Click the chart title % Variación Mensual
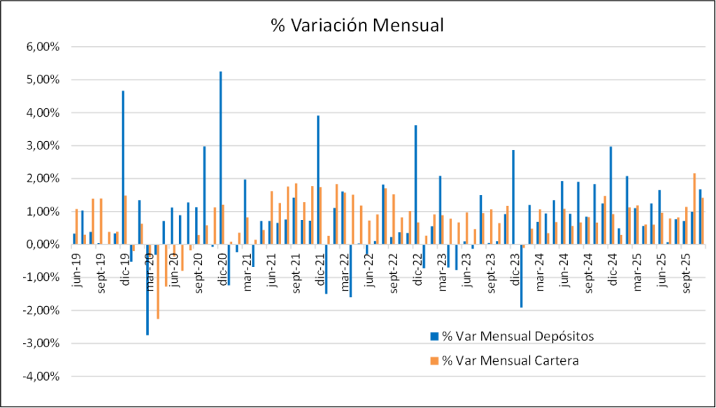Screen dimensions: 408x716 click(x=357, y=25)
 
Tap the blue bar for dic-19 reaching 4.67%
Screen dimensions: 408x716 click(x=123, y=168)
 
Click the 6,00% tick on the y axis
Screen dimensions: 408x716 click(x=43, y=47)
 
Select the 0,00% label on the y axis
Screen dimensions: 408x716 click(x=43, y=245)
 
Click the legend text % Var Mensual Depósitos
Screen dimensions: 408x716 click(x=518, y=336)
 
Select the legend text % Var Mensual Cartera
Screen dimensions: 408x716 click(x=510, y=360)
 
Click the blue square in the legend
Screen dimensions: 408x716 click(x=434, y=337)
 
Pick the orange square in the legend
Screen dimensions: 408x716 click(x=434, y=361)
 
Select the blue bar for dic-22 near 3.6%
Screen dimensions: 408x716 click(x=415, y=185)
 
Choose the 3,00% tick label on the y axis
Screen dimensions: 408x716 click(x=43, y=146)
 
